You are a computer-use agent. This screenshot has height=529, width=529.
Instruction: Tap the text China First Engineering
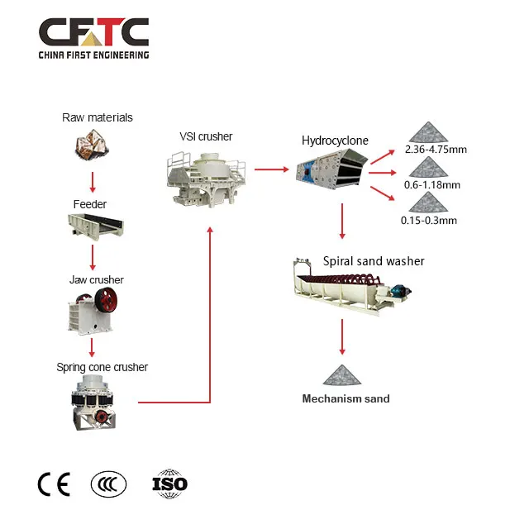(93, 55)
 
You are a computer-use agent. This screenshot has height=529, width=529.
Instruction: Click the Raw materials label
(97, 117)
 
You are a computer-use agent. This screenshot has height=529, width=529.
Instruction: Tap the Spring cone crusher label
(102, 366)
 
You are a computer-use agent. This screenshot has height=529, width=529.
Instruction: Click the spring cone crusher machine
(93, 402)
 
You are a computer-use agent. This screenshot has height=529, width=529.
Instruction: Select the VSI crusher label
(206, 136)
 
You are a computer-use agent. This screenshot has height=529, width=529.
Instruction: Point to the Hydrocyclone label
(335, 141)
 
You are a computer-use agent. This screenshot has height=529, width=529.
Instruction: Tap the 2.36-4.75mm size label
(436, 150)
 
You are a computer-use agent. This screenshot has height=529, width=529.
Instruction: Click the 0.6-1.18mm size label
(432, 184)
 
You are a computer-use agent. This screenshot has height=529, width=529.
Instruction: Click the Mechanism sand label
(345, 398)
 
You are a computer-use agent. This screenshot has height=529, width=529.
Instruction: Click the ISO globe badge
(170, 484)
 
